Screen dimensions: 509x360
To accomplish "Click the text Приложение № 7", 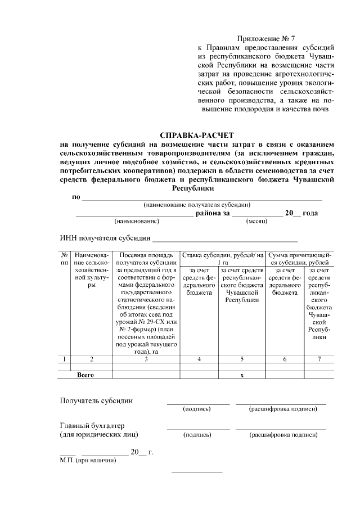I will pyautogui.click(x=266, y=39).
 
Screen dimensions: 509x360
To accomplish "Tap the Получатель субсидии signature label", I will pyautogui.click(x=97, y=400).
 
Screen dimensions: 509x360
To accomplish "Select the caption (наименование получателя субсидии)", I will pyautogui.click(x=197, y=205).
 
